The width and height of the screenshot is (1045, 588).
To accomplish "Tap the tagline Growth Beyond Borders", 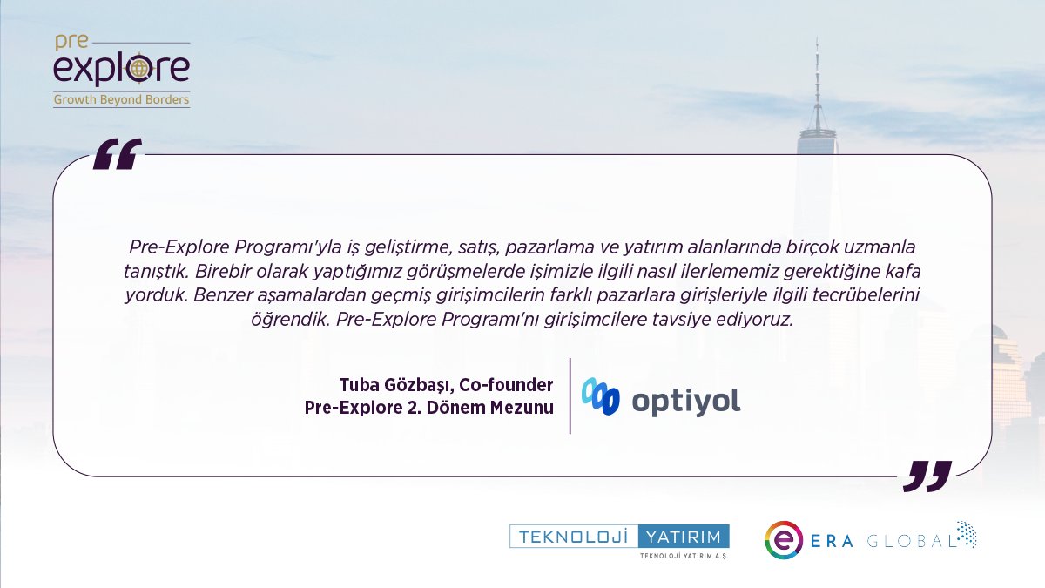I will pos(122,99).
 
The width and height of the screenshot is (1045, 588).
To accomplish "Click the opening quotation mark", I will pos(117,153).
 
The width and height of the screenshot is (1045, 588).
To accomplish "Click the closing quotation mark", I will pos(927,476).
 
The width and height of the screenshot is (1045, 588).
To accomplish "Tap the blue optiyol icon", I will pos(601,396).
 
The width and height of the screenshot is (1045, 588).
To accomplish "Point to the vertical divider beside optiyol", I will pos(570,395).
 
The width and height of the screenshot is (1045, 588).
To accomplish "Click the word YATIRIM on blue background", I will pos(684,536).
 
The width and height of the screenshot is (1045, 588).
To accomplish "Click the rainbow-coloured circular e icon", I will pos(782,539).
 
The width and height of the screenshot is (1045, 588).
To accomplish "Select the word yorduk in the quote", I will pos(150,294).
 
